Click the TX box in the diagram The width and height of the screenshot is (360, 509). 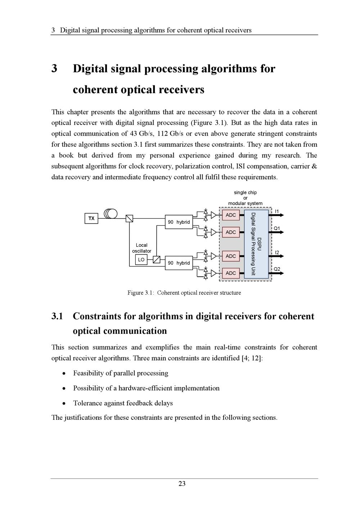[91, 218]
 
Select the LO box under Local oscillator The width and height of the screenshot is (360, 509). [141, 259]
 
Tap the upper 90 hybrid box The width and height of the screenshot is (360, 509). [179, 222]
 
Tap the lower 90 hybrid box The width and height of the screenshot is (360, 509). [179, 263]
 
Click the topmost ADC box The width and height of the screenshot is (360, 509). [231, 215]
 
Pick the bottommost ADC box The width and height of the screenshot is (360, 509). [231, 273]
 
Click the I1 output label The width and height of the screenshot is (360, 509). [277, 211]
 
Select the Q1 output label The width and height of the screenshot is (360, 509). [277, 228]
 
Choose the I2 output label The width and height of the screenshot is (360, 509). [277, 253]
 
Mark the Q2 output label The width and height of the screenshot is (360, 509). [277, 269]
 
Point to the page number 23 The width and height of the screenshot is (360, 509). [182, 484]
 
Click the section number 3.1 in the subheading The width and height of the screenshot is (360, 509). [57, 316]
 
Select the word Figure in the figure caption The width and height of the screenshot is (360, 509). [135, 293]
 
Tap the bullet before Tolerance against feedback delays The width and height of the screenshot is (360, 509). [64, 404]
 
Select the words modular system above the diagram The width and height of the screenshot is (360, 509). [245, 203]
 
